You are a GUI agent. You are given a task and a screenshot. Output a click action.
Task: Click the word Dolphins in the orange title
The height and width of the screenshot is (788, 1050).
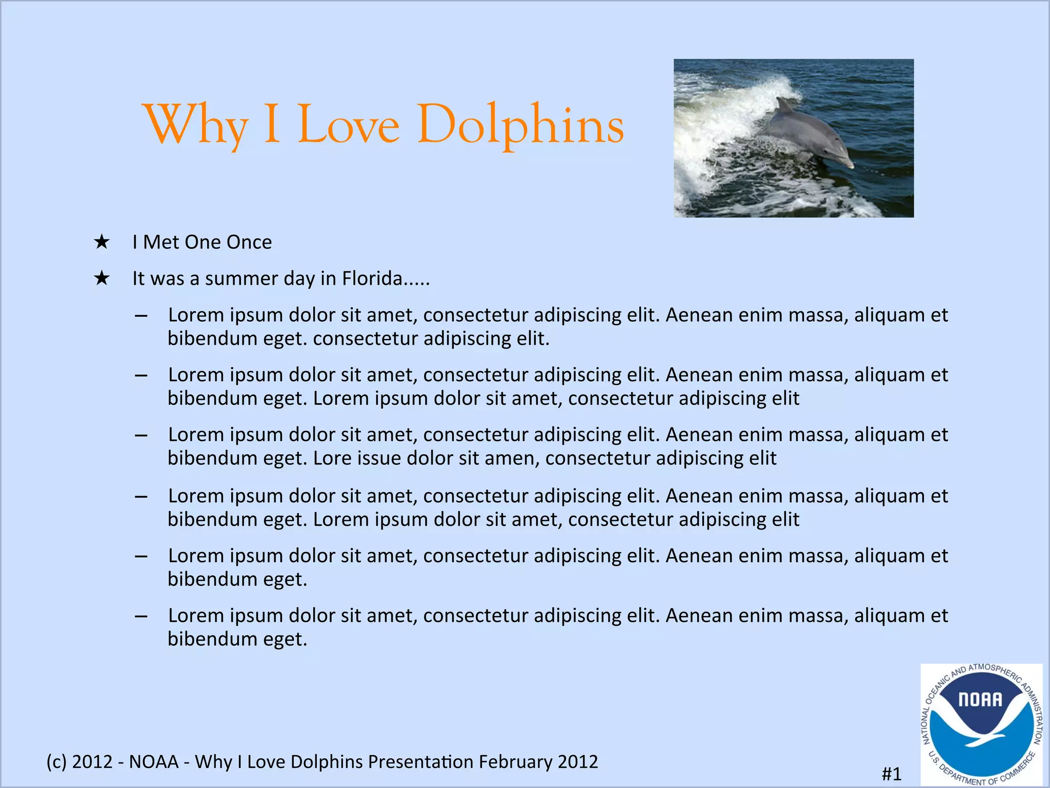pyautogui.click(x=520, y=125)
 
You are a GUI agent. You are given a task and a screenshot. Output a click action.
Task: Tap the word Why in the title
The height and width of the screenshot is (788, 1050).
pyautogui.click(x=197, y=125)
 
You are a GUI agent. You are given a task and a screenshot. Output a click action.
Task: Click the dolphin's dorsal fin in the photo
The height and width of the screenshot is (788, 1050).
pyautogui.click(x=783, y=105)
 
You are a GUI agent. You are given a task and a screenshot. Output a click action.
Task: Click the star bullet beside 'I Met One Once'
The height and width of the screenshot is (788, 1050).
pyautogui.click(x=102, y=242)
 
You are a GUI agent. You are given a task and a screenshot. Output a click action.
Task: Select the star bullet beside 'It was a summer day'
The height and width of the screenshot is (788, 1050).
pyautogui.click(x=102, y=279)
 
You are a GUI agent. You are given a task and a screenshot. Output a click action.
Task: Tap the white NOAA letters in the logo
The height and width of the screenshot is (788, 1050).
pyautogui.click(x=980, y=700)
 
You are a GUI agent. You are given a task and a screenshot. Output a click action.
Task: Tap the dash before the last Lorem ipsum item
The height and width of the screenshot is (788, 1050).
pyautogui.click(x=141, y=616)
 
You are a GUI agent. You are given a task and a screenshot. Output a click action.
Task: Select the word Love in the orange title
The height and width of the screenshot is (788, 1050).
pyautogui.click(x=349, y=125)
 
